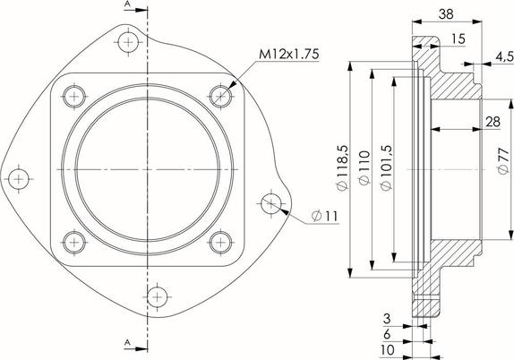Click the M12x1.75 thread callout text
point(288,54)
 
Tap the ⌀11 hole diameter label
point(324,216)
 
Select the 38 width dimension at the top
point(446,13)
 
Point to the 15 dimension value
point(458,39)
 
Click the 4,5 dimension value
point(504,56)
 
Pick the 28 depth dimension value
point(493,122)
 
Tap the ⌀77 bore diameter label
point(503,160)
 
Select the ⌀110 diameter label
point(364,167)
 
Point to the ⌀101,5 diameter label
point(386,167)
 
